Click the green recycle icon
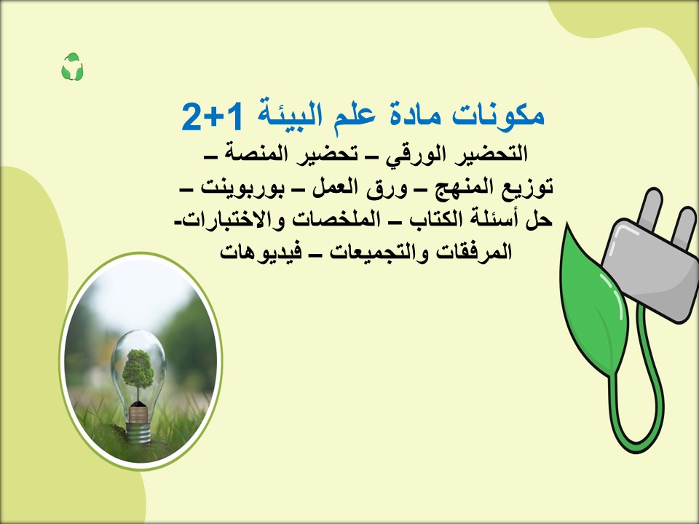(72, 68)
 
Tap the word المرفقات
(474, 252)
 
